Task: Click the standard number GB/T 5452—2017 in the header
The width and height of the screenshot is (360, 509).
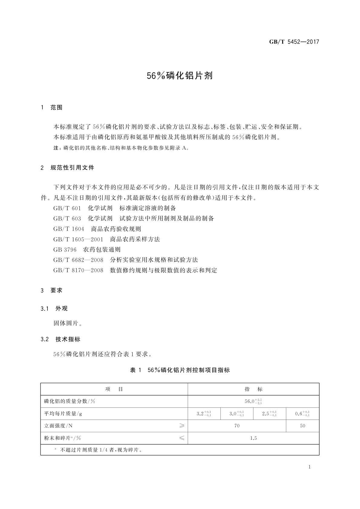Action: click(x=294, y=42)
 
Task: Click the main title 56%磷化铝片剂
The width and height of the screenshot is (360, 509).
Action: click(x=180, y=76)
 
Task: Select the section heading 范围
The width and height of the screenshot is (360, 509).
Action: click(x=56, y=108)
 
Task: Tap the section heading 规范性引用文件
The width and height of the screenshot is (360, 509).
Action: click(x=72, y=167)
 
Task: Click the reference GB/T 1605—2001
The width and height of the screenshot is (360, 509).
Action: click(x=78, y=239)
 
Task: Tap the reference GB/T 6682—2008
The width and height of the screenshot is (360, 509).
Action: click(x=78, y=260)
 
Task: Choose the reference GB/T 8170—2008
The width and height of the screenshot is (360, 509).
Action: click(x=78, y=270)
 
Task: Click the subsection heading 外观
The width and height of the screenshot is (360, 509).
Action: click(x=61, y=309)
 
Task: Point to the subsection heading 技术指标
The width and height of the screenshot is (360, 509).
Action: click(x=68, y=339)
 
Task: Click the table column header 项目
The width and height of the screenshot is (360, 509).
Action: click(x=114, y=389)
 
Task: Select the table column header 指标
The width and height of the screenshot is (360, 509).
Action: click(x=253, y=389)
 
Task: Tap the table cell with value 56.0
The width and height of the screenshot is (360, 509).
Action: click(x=253, y=401)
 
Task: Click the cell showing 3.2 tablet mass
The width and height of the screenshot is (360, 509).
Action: click(x=204, y=414)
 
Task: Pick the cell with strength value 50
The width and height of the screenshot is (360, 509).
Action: click(x=303, y=426)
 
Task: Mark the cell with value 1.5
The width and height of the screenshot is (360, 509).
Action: click(x=253, y=438)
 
